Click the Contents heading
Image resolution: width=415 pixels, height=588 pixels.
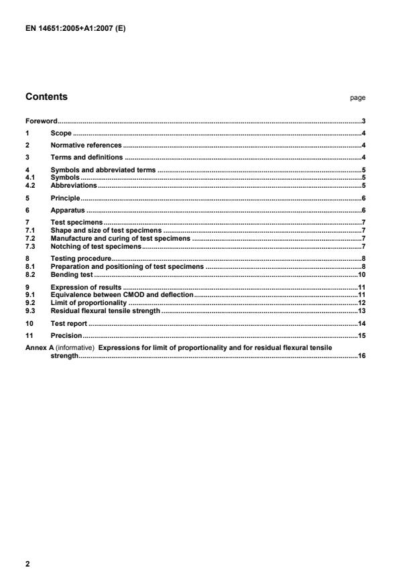pyautogui.click(x=46, y=97)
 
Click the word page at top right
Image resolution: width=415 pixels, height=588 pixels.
pyautogui.click(x=357, y=98)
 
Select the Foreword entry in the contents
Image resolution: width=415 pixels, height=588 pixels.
pyautogui.click(x=41, y=121)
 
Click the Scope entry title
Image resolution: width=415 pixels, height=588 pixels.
pyautogui.click(x=61, y=133)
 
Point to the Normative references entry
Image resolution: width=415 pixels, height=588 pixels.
pyautogui.click(x=86, y=145)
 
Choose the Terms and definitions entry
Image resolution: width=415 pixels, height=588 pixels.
pyautogui.click(x=86, y=158)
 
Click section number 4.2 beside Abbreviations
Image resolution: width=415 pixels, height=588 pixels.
pyautogui.click(x=30, y=184)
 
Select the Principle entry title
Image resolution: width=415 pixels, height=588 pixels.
pyautogui.click(x=66, y=198)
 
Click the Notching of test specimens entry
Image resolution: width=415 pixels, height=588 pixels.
pyautogui.click(x=96, y=246)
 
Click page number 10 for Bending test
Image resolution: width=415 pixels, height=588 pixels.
pyautogui.click(x=361, y=275)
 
